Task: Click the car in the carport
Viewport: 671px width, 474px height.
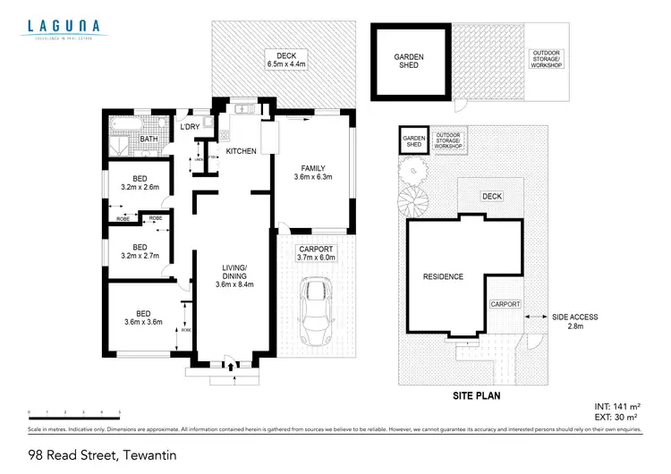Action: [x=315, y=312]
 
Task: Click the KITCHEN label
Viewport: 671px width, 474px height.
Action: [x=241, y=151]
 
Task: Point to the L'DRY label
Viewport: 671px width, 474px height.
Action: [x=190, y=128]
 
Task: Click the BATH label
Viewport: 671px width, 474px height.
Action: [x=149, y=140]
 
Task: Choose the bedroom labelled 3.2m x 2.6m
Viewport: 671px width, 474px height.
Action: [x=140, y=182]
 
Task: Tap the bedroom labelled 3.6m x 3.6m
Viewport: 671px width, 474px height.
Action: [x=142, y=317]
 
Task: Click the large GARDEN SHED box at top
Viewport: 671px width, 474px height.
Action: [x=409, y=61]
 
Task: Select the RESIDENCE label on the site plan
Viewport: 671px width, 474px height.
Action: [x=443, y=276]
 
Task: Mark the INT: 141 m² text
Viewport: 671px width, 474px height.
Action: [x=617, y=406]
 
